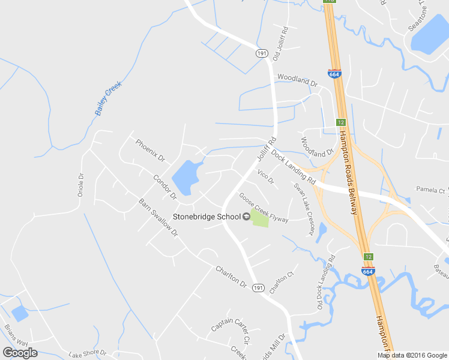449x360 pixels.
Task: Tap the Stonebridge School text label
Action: click(206, 217)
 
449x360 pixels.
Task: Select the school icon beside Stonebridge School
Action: click(246, 217)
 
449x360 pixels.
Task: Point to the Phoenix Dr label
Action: click(150, 151)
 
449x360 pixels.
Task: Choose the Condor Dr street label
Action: click(164, 187)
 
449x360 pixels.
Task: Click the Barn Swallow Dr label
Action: click(158, 217)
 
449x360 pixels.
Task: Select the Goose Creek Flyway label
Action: click(264, 208)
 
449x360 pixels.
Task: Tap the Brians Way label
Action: click(16, 335)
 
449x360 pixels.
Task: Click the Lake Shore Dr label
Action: click(87, 353)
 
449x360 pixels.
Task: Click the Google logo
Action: click(20, 352)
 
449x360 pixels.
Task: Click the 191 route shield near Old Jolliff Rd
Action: click(261, 53)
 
